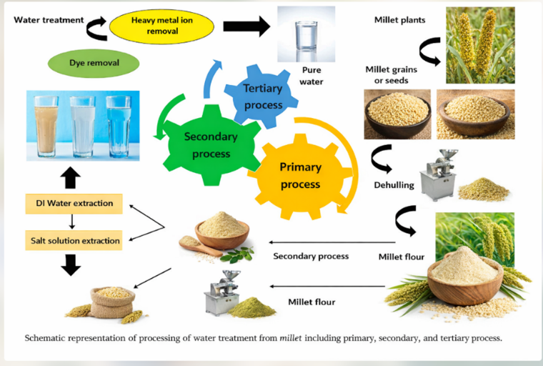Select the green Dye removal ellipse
(94, 64)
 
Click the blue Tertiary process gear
(253, 96)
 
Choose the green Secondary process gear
(207, 142)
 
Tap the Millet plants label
(399, 20)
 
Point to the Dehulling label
(393, 184)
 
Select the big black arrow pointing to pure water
(246, 27)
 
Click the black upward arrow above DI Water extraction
(72, 177)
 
